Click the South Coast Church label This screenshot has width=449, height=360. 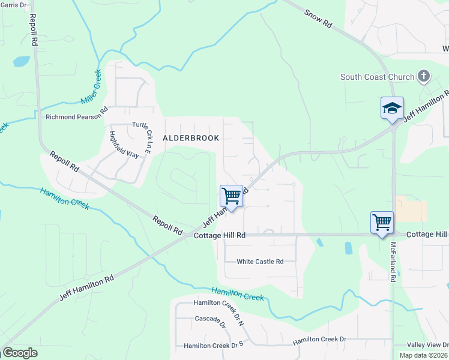(377, 77)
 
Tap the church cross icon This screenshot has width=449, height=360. (424, 76)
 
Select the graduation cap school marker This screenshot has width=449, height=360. (392, 109)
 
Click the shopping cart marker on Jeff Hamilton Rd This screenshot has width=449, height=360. (231, 196)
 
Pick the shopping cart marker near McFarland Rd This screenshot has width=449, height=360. (382, 223)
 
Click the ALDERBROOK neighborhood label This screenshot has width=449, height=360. (191, 137)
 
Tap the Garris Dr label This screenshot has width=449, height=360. (13, 5)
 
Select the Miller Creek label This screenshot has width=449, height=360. (90, 88)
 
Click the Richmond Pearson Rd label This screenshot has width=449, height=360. (76, 117)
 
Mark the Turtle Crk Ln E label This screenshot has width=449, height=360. (147, 137)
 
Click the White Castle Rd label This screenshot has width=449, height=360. (259, 262)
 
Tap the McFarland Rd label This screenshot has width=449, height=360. (393, 262)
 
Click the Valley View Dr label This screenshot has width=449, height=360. (427, 345)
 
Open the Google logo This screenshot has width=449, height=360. (20, 353)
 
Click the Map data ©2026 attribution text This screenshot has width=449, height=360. (423, 355)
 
